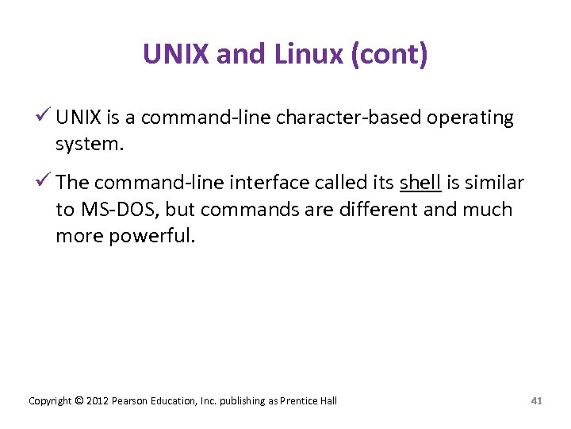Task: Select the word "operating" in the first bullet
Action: pos(470,118)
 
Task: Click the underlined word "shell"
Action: pos(420,183)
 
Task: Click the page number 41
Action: pos(536,401)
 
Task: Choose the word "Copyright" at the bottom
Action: pos(51,401)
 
